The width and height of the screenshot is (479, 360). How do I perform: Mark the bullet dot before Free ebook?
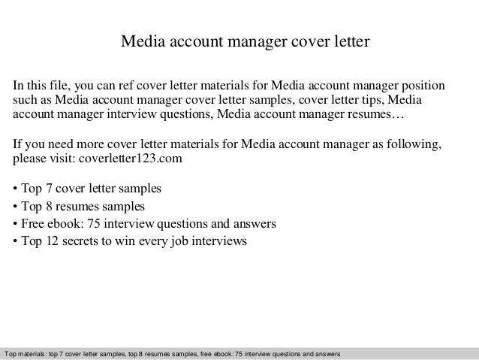pyautogui.click(x=17, y=224)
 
